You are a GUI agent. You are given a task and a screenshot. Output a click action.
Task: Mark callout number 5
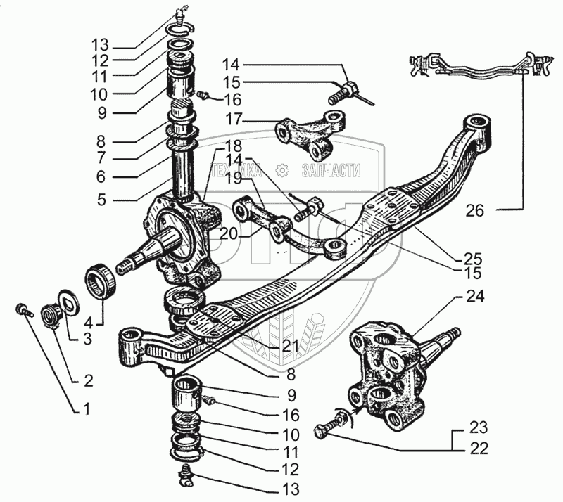[x=101, y=200]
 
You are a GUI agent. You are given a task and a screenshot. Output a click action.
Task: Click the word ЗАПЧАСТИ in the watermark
[x=330, y=170]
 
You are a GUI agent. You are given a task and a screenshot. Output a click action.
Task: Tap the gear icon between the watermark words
[x=282, y=170]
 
